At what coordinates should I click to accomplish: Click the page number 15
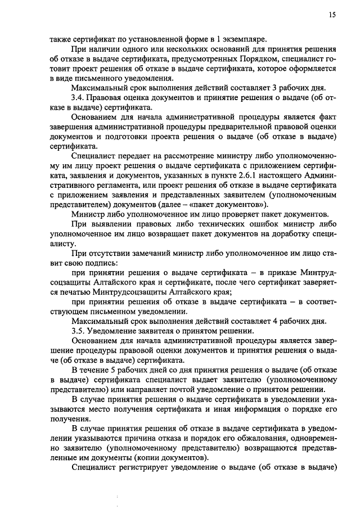pos(333,15)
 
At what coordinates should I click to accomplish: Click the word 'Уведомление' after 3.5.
pos(118,331)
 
